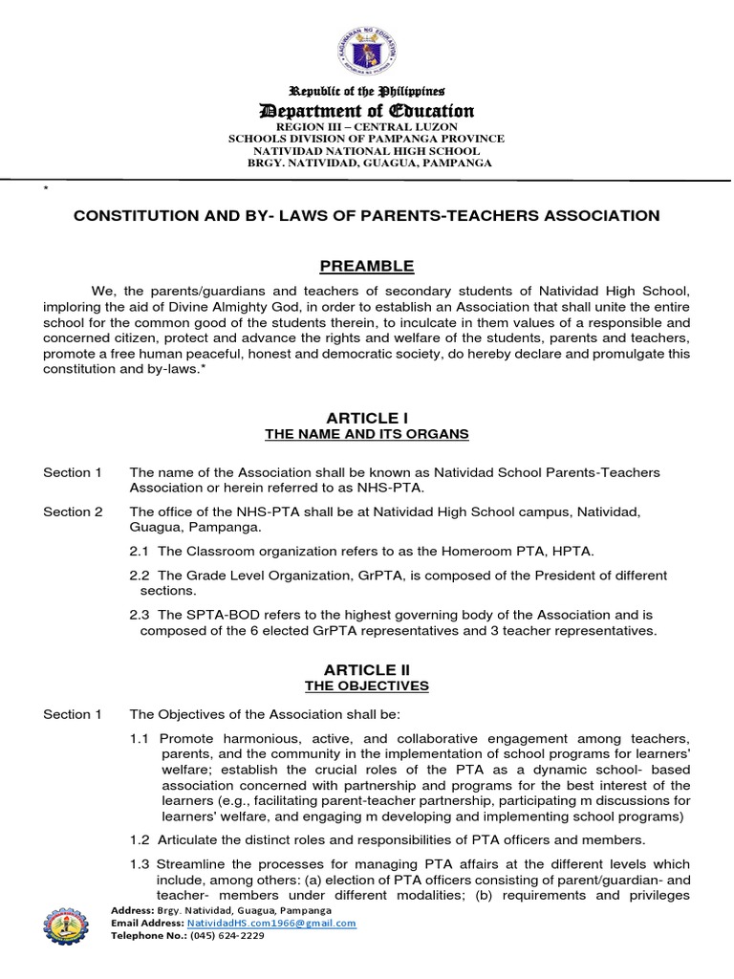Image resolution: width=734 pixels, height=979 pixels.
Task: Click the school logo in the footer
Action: pos(72,925)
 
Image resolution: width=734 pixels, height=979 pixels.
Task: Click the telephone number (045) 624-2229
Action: pos(227,935)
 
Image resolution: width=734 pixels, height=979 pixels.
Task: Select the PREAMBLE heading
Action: pos(367,266)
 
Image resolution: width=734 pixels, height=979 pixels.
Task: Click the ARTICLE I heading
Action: pos(367,418)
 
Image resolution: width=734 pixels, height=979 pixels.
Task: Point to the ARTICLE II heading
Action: pos(367,669)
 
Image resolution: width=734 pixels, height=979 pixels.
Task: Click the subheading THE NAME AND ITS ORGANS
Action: pos(367,435)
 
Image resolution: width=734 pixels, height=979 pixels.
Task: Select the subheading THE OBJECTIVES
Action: pos(367,686)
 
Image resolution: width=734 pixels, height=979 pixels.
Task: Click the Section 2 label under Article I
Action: pos(73,511)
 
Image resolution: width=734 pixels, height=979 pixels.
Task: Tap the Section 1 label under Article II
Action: pos(73,714)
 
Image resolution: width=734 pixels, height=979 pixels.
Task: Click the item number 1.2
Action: pos(140,839)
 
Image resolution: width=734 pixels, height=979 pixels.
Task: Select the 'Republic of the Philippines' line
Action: pos(367,92)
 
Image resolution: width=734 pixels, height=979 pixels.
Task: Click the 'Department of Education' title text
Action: pos(367,111)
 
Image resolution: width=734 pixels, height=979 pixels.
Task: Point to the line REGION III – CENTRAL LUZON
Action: pos(367,127)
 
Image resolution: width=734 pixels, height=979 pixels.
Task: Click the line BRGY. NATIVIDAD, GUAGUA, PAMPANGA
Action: pos(367,163)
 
